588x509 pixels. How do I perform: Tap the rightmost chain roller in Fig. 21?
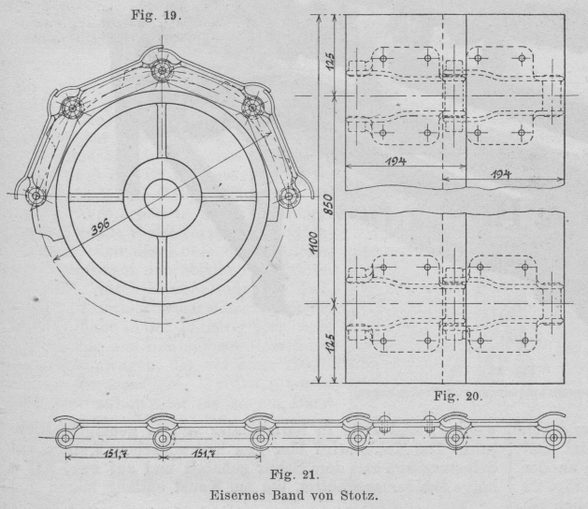pyautogui.click(x=555, y=437)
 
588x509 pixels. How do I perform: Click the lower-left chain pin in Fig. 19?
pyautogui.click(x=36, y=196)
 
